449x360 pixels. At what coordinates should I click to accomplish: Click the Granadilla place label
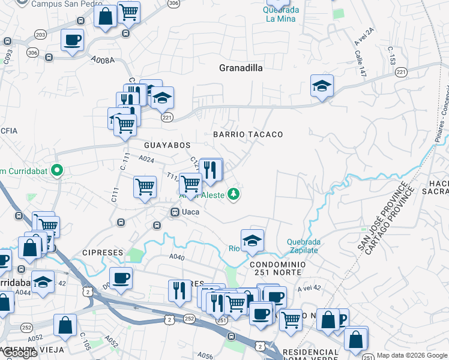pos(241,68)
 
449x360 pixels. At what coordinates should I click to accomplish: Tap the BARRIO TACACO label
pos(248,134)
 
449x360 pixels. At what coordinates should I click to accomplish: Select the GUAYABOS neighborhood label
pos(167,145)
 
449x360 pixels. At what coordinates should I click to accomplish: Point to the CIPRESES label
pos(103,253)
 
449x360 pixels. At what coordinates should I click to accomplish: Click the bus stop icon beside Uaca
pos(175,212)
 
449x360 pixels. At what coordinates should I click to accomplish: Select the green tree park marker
pos(234,194)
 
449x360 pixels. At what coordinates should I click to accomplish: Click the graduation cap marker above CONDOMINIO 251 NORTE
pos(253,240)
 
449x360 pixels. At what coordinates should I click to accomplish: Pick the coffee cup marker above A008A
pos(72,40)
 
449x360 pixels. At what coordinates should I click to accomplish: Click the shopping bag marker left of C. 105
pos(65,325)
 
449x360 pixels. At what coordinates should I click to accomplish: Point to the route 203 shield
pos(40,35)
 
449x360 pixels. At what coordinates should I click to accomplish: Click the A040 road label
pos(176,257)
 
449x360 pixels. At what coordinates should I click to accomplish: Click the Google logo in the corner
pos(20,353)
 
